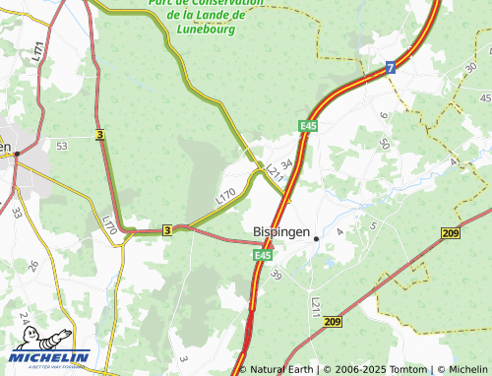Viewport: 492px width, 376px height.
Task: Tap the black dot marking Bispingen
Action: (316, 238)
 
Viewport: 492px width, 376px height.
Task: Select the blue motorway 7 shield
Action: (391, 68)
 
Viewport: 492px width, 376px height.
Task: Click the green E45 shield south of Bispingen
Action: (261, 256)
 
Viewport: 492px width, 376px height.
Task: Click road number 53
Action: (62, 146)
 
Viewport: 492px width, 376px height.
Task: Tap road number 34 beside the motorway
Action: (286, 163)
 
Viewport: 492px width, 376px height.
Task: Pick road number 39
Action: (276, 279)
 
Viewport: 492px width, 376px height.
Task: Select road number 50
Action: (384, 144)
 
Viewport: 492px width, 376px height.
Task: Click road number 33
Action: (17, 212)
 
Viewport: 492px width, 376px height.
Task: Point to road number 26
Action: (32, 266)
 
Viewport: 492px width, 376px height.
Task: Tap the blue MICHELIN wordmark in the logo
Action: (50, 357)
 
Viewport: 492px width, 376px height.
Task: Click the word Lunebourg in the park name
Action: (206, 29)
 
